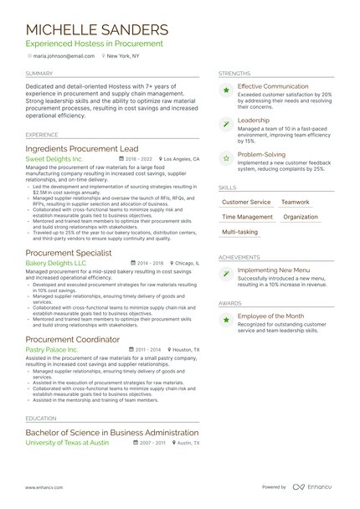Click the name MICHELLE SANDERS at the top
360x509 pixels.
tap(96, 29)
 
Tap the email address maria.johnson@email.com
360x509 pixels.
tap(64, 56)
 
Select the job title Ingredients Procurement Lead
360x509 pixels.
tap(82, 148)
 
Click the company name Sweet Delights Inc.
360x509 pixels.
tap(54, 158)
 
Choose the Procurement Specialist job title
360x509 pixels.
tap(69, 252)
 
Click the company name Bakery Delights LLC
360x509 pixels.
tap(56, 263)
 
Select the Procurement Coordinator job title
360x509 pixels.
tap(73, 339)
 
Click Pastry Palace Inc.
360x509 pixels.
tap(52, 349)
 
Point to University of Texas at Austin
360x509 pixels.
tap(67, 442)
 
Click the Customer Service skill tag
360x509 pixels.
tap(246, 202)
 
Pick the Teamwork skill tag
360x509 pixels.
tap(295, 202)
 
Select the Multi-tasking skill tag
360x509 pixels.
tap(239, 232)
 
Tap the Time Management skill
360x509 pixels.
tap(247, 217)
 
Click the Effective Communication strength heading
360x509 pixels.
tap(273, 86)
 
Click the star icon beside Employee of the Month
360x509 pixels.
tap(226, 319)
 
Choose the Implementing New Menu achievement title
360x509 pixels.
tap(274, 270)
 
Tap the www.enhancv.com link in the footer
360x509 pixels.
tap(46, 486)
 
